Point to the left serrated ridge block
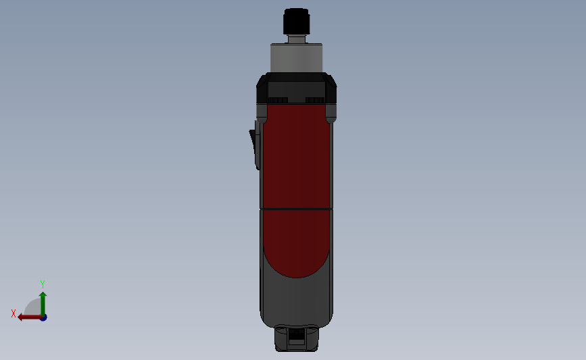278,100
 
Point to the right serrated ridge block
314,100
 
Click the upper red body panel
296,155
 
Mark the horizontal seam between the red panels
296,209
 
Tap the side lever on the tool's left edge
255,145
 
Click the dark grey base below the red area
296,301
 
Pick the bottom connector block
296,338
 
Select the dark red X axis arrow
28,317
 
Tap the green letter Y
42,284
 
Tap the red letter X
14,313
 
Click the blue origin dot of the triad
43,317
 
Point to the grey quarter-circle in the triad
33,309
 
